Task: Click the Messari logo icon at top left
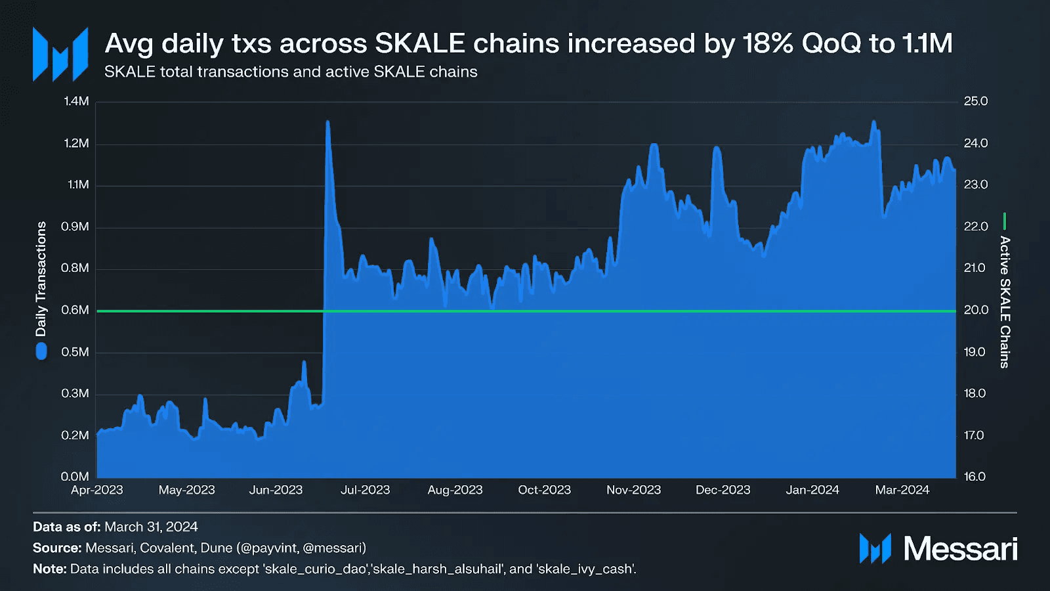60,54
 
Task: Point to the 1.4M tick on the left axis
76,101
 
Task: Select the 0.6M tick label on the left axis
75,310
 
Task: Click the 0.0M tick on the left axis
75,477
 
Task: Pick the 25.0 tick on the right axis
975,101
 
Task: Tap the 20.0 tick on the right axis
975,310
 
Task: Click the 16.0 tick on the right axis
975,477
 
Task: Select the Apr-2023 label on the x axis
97,490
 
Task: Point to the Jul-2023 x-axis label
365,490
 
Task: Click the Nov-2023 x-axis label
633,490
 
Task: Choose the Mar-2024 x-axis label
902,490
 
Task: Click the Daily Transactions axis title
41,279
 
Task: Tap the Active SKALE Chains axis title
1005,302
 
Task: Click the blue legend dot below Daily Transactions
41,352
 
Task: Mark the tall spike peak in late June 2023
327,122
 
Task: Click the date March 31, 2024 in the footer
151,527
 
